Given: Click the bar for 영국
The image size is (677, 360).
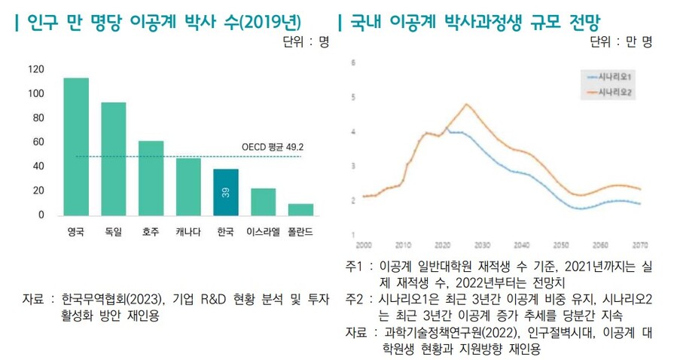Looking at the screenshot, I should tap(76, 146).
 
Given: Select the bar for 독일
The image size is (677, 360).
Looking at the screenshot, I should tap(114, 158).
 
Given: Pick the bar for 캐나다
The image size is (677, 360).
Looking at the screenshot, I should tap(188, 186).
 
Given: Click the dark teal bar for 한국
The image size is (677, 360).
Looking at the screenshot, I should tap(226, 192).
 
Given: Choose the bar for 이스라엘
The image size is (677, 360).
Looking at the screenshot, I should tap(263, 201).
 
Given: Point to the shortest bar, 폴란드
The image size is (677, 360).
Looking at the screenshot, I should tap(300, 209).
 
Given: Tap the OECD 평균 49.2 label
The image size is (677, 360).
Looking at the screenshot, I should tap(272, 148).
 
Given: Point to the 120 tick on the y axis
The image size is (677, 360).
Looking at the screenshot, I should tap(35, 69).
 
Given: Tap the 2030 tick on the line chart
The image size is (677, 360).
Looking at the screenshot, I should tap(482, 246).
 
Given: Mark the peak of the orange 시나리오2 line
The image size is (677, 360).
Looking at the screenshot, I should tap(467, 104).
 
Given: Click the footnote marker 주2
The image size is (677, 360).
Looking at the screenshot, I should tap(354, 300).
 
